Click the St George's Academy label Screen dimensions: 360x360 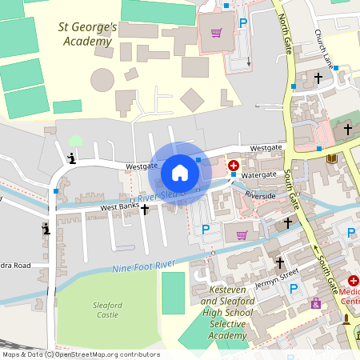[88, 34]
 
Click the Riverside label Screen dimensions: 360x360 [260, 195]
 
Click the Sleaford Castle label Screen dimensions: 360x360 [108, 310]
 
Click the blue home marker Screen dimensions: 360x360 [180, 172]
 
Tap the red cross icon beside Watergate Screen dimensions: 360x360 [233, 166]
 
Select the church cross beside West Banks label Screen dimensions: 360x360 [145, 209]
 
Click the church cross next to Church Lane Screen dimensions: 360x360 [318, 78]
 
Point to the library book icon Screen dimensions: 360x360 [332, 158]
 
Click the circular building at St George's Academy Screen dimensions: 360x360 [102, 80]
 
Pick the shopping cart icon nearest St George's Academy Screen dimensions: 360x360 [215, 33]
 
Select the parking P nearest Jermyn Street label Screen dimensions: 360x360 [293, 288]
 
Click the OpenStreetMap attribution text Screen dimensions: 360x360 [81, 354]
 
